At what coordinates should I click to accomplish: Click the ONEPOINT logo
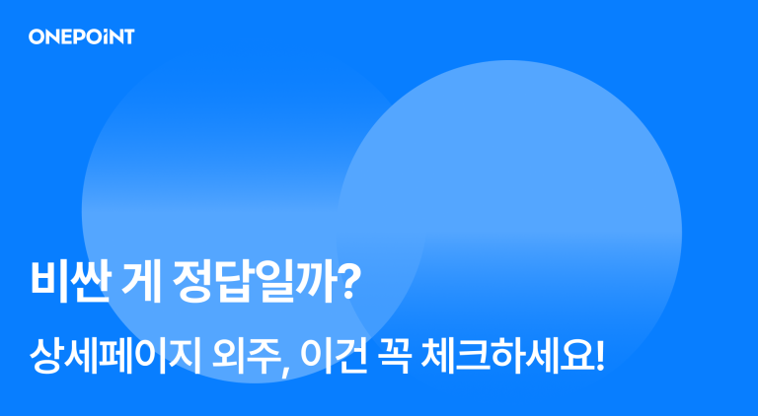point(81,37)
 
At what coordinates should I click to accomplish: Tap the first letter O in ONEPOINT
point(37,37)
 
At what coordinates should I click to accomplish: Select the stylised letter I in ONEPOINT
point(107,37)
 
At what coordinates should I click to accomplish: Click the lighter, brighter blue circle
point(553,197)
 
